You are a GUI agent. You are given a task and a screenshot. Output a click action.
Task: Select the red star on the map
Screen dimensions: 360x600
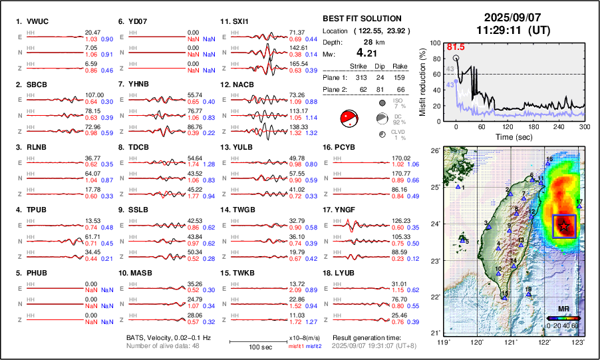click(564, 226)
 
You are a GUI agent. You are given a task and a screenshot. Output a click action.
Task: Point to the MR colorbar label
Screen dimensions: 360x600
click(563, 309)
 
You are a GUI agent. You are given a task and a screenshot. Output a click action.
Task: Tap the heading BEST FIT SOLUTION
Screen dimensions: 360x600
click(362, 19)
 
